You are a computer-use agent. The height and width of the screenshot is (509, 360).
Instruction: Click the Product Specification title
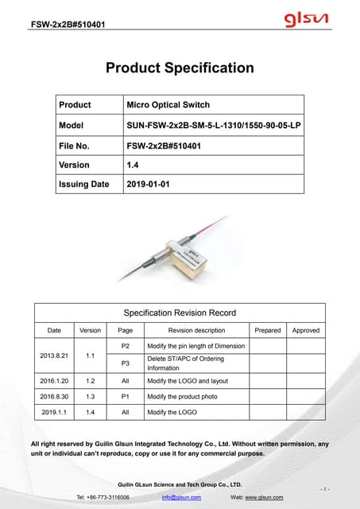coord(180,68)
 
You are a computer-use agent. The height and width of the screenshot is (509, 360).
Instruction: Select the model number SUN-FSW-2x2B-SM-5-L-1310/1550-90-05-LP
coord(214,125)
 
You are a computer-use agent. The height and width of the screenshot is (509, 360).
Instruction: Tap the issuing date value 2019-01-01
coord(148,185)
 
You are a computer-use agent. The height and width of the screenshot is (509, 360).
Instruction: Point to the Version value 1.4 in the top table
coord(133,165)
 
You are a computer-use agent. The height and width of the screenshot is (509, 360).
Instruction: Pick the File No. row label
coord(75,145)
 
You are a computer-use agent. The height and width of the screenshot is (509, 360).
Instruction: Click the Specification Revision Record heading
coord(179,313)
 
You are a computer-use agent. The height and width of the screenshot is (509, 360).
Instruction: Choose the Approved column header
coord(306,330)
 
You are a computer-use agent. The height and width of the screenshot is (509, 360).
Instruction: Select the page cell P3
coord(125,363)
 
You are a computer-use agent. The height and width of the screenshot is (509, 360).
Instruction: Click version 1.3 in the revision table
coord(90,395)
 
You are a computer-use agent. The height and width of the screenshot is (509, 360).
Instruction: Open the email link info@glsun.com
coord(180,497)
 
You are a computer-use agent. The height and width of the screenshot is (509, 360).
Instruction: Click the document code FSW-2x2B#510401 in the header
coord(68,23)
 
